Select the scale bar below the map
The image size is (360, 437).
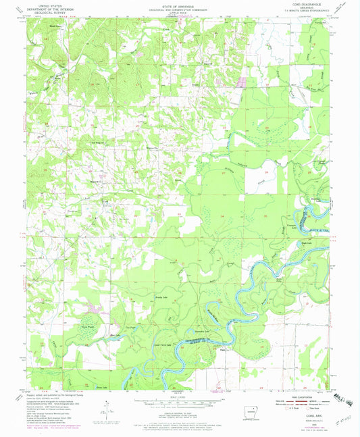tap(180, 403)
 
